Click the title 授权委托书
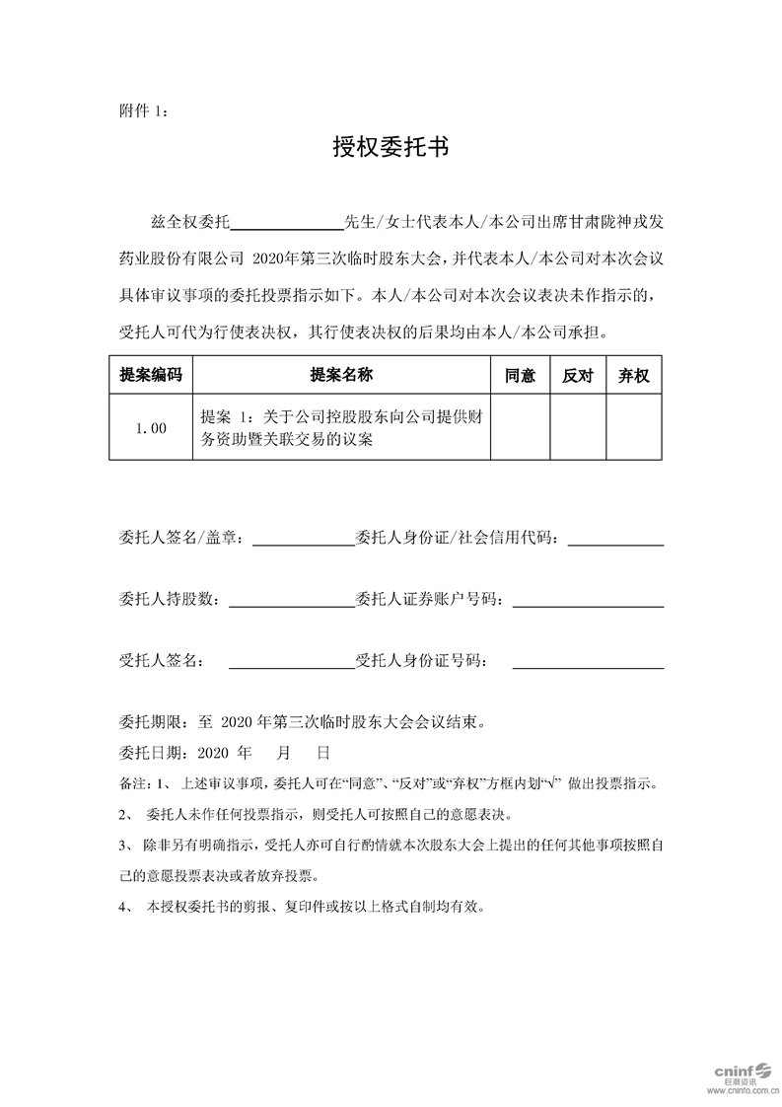(391, 148)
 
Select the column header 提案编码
(151, 375)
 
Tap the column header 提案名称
(341, 375)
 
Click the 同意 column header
(520, 375)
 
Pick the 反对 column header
(577, 375)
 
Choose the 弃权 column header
(633, 375)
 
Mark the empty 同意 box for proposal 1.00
(520, 427)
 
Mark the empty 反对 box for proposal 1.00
(577, 427)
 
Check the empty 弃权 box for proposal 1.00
(633, 427)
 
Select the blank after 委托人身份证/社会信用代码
(616, 539)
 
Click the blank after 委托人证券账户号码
(588, 599)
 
